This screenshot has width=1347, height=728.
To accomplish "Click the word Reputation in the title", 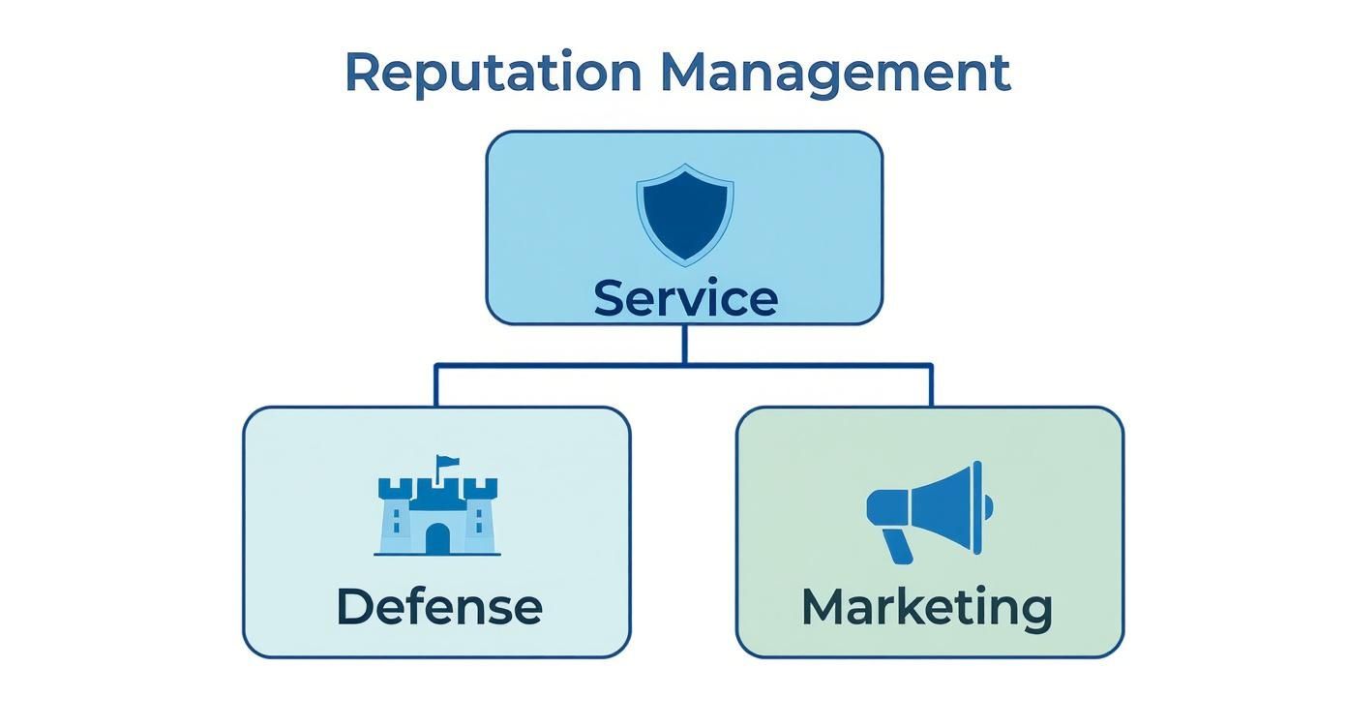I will (493, 74).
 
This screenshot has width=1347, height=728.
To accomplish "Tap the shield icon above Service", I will (684, 212).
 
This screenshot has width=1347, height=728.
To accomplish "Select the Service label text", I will (684, 297).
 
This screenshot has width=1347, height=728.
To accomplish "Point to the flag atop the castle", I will (448, 463).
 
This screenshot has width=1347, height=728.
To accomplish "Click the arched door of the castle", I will (437, 538).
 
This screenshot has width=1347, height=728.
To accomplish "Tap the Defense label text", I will (438, 607).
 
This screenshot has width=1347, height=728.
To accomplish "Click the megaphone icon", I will (929, 510).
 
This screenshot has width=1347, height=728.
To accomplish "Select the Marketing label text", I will (927, 607).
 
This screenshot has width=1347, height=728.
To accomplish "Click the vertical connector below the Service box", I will (684, 344).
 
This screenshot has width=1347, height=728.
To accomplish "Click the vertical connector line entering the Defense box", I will (435, 385).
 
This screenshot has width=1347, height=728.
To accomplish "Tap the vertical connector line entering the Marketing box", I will (931, 385).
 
